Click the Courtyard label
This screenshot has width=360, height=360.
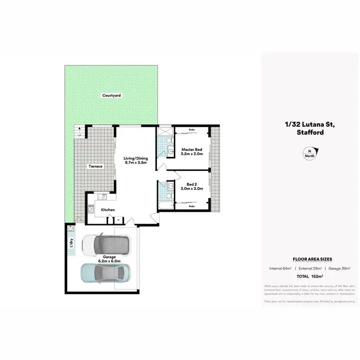pos(111,96)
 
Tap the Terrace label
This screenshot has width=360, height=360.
pos(95,166)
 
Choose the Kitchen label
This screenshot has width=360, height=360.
pos(108,210)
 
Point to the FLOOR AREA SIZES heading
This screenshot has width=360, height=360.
pos(309,259)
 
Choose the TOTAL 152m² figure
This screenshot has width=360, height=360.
pos(309,277)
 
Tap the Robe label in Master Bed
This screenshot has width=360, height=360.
pos(191,130)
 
